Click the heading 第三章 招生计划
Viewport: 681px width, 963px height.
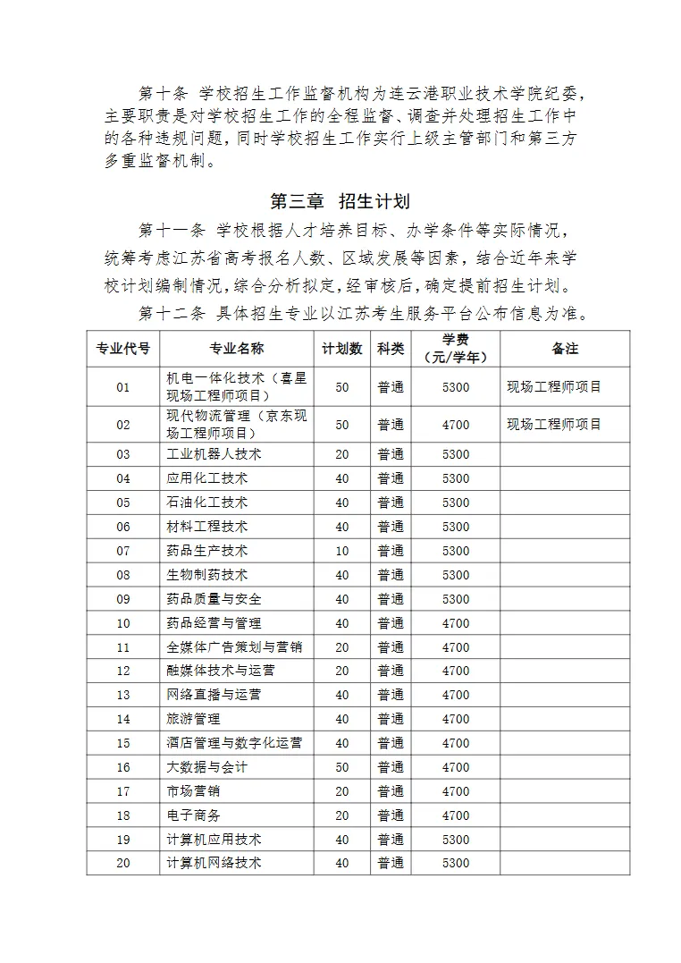tap(340, 199)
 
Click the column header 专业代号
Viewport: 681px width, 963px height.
tap(123, 349)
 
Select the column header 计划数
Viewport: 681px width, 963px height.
tap(342, 349)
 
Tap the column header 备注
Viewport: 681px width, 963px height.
tap(565, 349)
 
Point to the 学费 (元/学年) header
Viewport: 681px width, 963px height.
tap(456, 349)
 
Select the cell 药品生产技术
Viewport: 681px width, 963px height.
tap(207, 551)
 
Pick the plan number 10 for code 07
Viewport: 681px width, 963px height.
tap(342, 551)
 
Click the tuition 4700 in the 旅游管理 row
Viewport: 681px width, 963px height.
tap(456, 719)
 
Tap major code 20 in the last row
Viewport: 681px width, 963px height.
tap(123, 863)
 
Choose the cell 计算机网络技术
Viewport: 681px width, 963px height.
tap(214, 863)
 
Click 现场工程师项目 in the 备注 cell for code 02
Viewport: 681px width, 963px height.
tap(554, 424)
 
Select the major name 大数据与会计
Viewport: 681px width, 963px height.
tap(207, 767)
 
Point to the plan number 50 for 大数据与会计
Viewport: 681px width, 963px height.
tap(342, 767)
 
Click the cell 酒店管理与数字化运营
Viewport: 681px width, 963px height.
tap(234, 743)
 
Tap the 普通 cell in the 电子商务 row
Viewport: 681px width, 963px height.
tap(391, 815)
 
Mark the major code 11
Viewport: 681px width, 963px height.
tap(123, 647)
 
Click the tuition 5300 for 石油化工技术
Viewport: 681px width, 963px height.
tap(456, 503)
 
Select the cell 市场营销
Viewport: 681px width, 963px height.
tap(194, 791)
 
